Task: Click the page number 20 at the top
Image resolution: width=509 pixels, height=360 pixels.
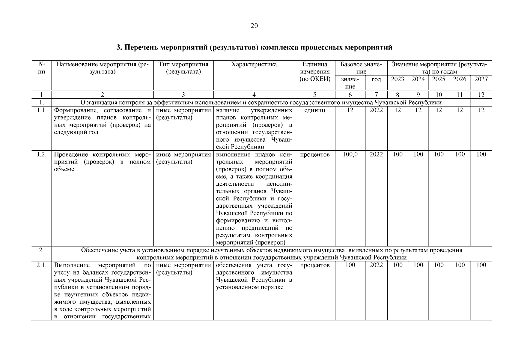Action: pos(254,26)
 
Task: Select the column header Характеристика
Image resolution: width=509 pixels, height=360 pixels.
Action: pos(254,64)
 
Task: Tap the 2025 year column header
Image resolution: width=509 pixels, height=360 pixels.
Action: pos(439,79)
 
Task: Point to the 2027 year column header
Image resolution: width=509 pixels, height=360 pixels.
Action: pos(481,79)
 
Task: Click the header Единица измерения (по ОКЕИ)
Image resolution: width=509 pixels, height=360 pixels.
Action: pos(315,72)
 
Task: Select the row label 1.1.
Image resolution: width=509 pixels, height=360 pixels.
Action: pos(42,110)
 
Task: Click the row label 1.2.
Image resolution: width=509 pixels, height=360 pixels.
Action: pos(42,154)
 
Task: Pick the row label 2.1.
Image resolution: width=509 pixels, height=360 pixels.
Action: pos(42,265)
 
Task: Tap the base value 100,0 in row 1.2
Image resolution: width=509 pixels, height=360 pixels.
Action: pos(350,154)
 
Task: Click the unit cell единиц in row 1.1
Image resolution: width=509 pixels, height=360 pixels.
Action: pos(315,110)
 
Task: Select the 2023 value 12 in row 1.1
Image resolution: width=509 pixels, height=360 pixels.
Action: pos(397,110)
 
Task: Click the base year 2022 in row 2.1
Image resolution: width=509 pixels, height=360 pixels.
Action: pos(376,265)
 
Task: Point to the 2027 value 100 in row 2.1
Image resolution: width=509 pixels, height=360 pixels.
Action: pos(481,265)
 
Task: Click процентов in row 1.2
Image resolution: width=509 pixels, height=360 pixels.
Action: pos(315,154)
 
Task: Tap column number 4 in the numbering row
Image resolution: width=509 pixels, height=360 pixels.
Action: pos(254,95)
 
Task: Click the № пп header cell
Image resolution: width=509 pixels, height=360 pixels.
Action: pos(42,68)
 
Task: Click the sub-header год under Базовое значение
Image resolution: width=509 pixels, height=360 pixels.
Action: pos(376,79)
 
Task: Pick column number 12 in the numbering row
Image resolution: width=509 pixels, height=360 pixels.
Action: pos(481,95)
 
